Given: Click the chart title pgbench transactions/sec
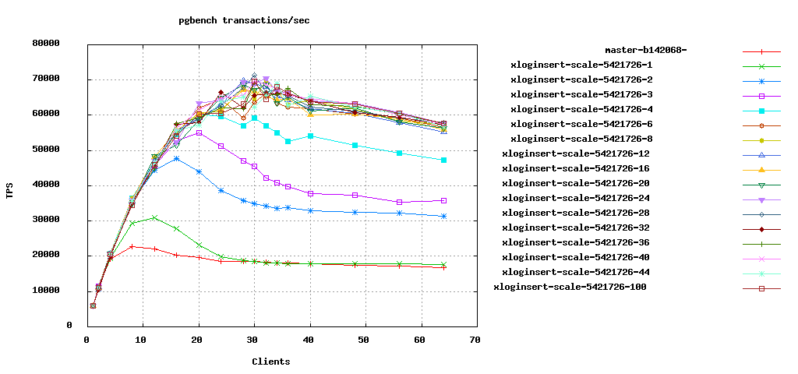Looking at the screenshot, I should [244, 20].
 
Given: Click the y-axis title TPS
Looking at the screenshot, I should [10, 191].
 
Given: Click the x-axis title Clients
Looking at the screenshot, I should [270, 362].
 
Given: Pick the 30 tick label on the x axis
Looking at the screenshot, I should [254, 340].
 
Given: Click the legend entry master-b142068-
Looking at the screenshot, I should [646, 51].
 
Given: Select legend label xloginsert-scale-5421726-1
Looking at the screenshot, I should [581, 65].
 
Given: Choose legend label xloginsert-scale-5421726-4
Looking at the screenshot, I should [581, 110].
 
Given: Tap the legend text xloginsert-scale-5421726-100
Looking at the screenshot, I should [570, 288].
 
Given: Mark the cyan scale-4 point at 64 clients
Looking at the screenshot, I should [443, 160].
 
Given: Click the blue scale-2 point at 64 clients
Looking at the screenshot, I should [443, 216].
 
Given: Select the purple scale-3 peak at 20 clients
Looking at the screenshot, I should [199, 132].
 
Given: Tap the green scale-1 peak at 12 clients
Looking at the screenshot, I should [154, 217].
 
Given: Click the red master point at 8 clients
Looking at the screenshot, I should [132, 246].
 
